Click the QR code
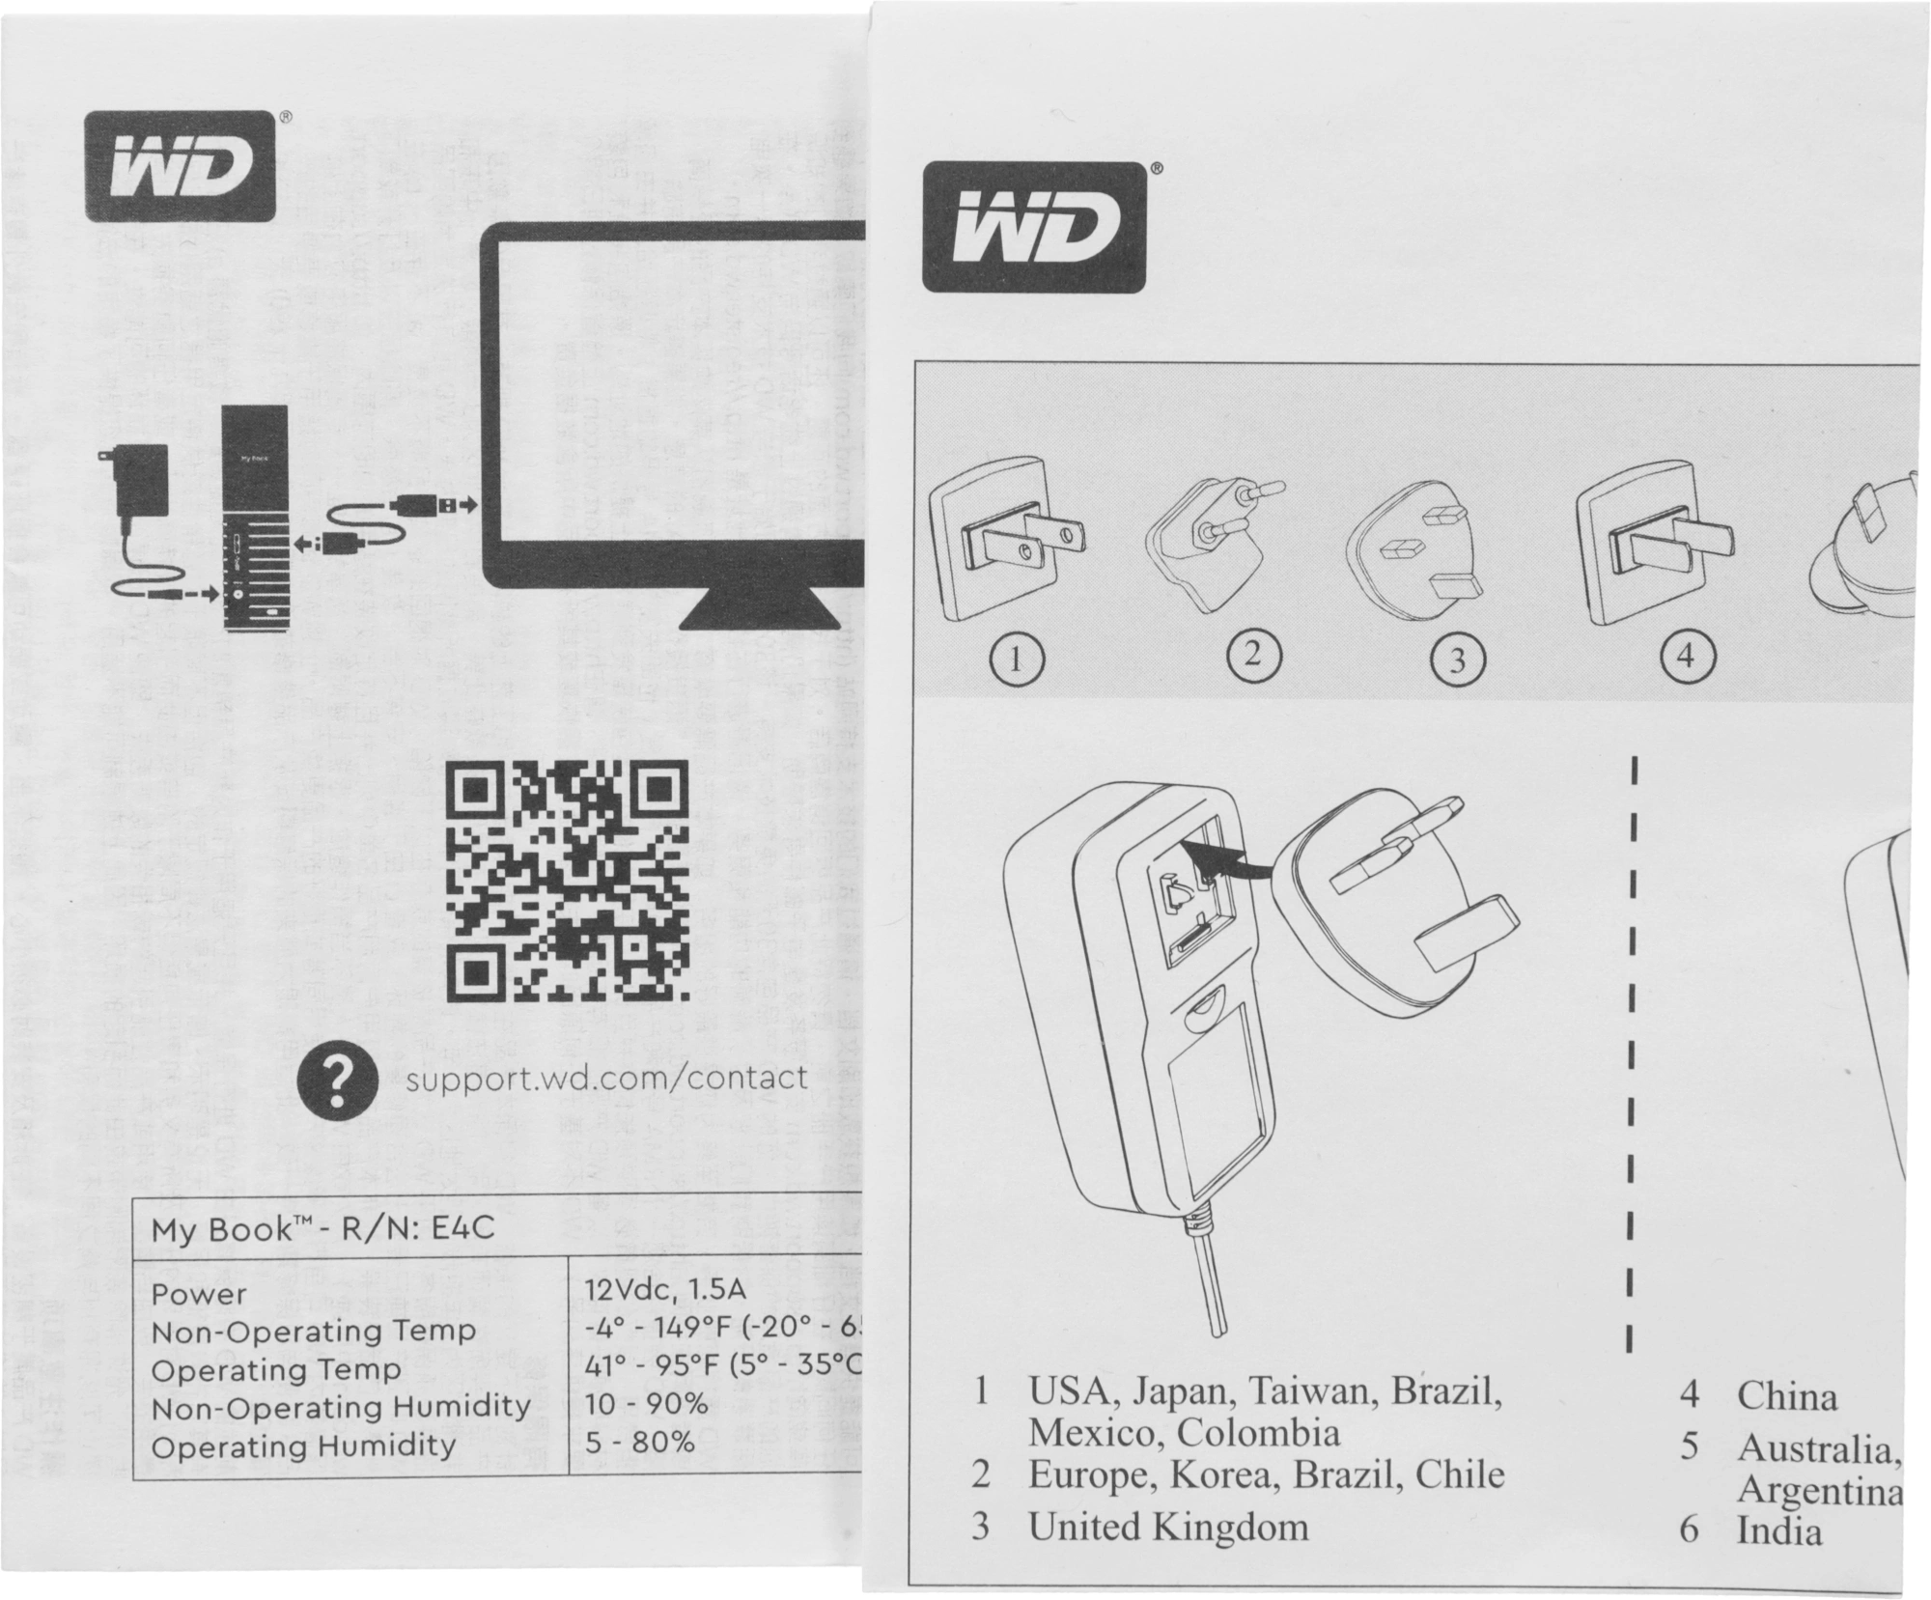pos(569,883)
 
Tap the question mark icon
pos(336,1083)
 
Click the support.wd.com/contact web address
pos(606,1077)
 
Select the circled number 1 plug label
pos(1016,660)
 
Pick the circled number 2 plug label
pos(1253,655)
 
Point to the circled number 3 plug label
pos(1457,660)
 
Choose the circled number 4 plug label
pos(1686,657)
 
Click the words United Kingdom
pos(1168,1527)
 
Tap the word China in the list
pos(1786,1396)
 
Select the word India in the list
pos(1779,1531)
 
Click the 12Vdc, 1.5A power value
pos(665,1291)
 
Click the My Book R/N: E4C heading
pos(322,1229)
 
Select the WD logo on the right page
pos(1035,227)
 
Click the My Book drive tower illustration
pos(255,519)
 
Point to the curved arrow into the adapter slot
pos(1231,859)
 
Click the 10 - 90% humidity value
pos(646,1404)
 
